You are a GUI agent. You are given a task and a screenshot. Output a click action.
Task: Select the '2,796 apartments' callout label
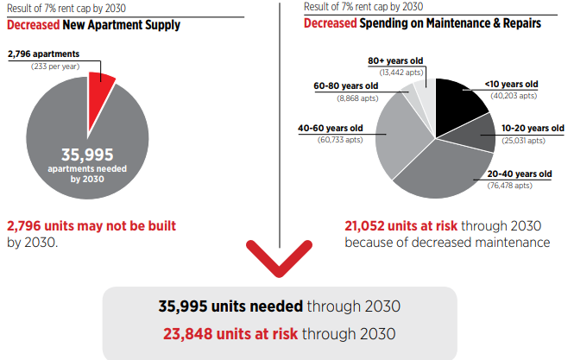click(42, 54)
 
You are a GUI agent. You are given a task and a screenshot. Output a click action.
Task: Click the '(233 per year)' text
click(54, 66)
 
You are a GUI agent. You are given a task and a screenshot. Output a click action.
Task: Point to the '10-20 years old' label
click(520, 129)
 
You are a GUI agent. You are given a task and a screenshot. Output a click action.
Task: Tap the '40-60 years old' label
click(331, 128)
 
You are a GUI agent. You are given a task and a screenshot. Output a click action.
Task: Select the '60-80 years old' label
click(344, 86)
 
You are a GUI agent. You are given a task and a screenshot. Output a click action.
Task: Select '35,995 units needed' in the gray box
click(230, 306)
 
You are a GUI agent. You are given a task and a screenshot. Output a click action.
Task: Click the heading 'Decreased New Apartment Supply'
click(93, 24)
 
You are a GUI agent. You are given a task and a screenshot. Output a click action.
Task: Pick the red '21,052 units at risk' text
click(401, 226)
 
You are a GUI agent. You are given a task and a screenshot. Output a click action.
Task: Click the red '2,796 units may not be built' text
click(91, 226)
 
